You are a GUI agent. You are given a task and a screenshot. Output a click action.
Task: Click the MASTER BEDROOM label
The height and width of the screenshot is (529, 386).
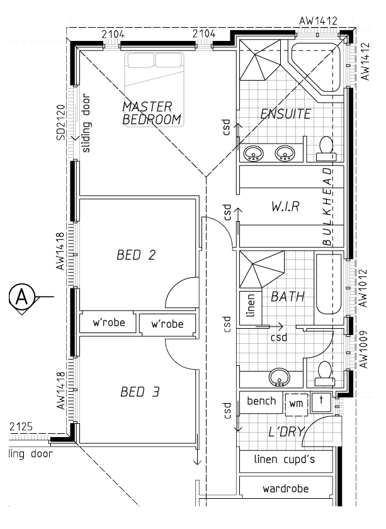[152, 112]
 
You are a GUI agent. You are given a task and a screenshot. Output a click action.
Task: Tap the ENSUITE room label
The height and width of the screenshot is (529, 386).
[285, 114]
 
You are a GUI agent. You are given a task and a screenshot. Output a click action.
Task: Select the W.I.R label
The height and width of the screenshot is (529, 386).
[285, 207]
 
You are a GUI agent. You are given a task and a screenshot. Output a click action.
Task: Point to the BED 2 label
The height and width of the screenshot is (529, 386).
[136, 255]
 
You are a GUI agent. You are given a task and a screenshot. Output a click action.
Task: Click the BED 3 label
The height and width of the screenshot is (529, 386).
[140, 392]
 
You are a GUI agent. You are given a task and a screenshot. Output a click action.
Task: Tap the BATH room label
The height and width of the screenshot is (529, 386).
[287, 296]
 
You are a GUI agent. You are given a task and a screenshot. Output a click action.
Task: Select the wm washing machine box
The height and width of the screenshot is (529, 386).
[296, 402]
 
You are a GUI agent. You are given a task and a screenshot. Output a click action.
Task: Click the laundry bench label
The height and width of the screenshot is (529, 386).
[261, 401]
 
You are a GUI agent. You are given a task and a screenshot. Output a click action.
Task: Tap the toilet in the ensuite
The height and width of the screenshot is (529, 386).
[326, 146]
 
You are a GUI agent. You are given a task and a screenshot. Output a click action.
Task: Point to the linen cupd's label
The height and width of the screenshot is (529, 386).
[284, 459]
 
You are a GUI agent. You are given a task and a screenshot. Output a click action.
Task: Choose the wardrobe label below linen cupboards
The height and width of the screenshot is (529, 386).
[285, 487]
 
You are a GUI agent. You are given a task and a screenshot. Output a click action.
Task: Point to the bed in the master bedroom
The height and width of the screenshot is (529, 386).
[155, 76]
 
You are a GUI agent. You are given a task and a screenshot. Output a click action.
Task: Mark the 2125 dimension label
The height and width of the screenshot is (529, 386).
[20, 428]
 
